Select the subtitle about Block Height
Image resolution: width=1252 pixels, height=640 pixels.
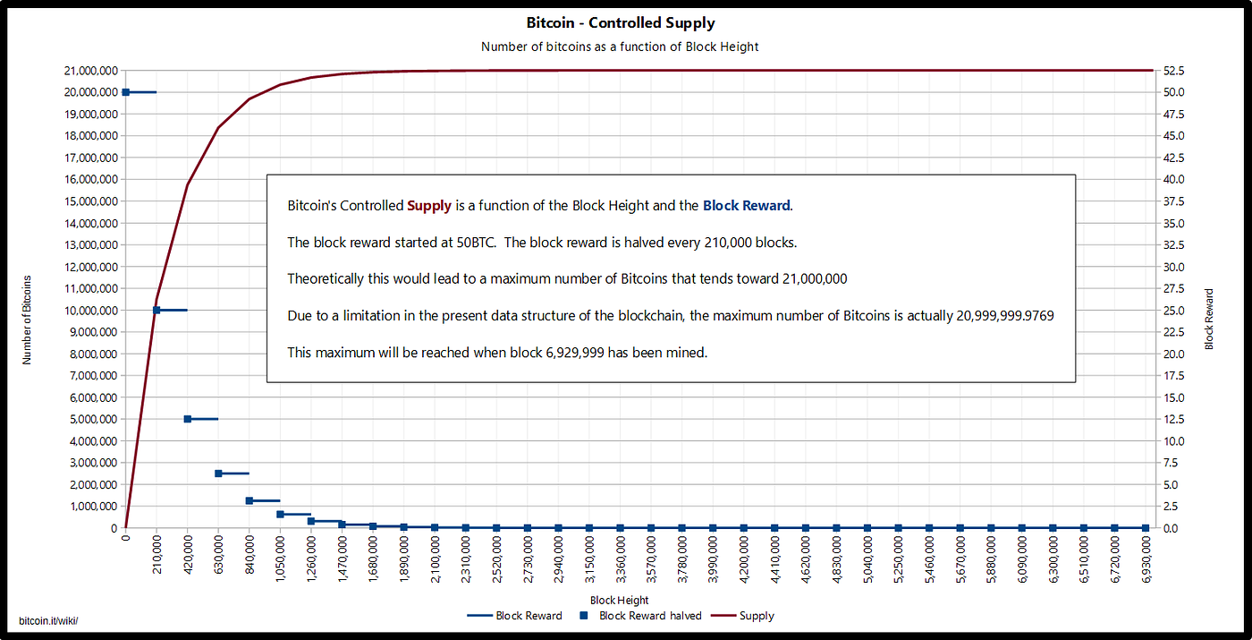point(620,47)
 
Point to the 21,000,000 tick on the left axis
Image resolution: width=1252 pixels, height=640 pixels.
point(89,71)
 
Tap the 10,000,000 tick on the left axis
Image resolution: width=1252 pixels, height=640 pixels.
point(89,311)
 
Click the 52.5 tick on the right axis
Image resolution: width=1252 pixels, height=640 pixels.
point(1172,71)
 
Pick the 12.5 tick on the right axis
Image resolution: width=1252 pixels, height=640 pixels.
point(1172,419)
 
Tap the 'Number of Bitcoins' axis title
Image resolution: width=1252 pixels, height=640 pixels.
point(27,320)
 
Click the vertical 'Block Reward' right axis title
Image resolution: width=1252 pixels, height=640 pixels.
point(1209,319)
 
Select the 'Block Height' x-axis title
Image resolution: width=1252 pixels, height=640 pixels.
point(620,600)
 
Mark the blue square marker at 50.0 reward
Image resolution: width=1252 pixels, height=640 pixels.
point(126,92)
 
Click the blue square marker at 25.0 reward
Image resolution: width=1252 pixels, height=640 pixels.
point(156,310)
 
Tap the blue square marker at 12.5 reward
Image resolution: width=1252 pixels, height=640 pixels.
point(188,419)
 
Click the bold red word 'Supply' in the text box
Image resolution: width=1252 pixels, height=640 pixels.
point(429,206)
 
